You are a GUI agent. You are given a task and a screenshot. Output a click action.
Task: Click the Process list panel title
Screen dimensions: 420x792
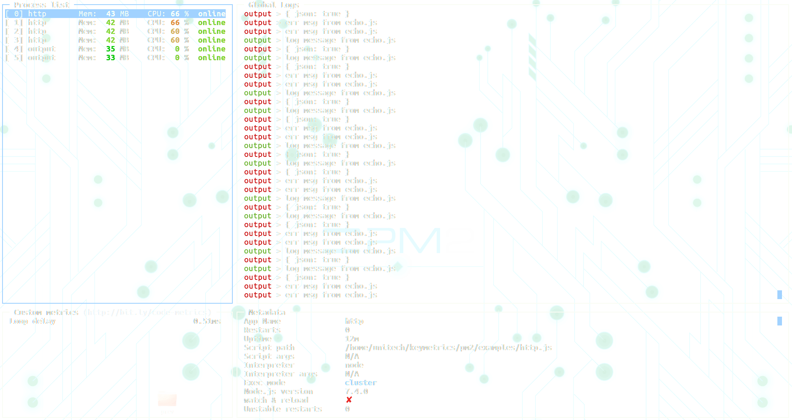click(41, 5)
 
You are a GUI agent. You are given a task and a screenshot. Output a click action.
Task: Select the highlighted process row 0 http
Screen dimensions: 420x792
click(115, 14)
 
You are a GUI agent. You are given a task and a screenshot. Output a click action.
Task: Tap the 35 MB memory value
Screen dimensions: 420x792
click(117, 49)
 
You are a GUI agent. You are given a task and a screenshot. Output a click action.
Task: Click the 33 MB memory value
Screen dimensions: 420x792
click(117, 58)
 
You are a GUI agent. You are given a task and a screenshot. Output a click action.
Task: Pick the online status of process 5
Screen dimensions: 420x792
click(211, 58)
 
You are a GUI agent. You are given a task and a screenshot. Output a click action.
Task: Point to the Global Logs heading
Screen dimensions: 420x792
click(274, 5)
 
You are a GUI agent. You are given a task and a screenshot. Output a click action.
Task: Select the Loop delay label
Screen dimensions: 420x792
click(32, 321)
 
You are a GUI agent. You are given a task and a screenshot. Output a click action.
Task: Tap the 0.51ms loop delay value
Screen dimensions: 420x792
click(207, 321)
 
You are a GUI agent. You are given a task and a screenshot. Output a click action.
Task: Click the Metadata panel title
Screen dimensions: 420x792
click(267, 312)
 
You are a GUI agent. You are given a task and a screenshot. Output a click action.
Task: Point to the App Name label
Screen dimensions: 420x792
click(262, 321)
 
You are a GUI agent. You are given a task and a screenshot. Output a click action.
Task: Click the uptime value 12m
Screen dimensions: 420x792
click(352, 339)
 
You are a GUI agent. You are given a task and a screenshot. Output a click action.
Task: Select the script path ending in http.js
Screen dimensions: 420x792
click(448, 348)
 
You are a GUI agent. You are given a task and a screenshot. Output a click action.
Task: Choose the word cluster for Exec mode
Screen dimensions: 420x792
click(361, 383)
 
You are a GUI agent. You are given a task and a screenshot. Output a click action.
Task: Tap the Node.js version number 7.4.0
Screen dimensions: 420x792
click(356, 392)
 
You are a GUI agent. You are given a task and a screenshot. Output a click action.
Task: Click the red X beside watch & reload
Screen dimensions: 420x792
click(349, 400)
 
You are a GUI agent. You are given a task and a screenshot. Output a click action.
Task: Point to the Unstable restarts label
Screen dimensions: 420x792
click(283, 409)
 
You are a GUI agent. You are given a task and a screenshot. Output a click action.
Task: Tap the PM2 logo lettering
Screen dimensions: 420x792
click(401, 241)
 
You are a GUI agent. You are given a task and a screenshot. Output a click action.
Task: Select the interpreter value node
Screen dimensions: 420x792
click(354, 365)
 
